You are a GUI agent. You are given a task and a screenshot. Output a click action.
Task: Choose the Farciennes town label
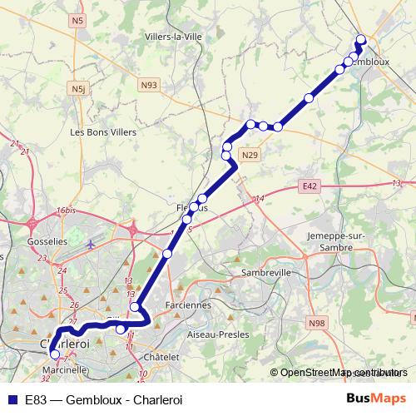pyautogui.click(x=189, y=305)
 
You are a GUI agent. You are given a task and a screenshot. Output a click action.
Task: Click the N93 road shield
pyautogui.click(x=149, y=84)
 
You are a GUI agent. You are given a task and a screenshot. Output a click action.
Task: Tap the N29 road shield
pyautogui.click(x=249, y=155)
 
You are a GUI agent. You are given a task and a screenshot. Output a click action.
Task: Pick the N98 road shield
pyautogui.click(x=317, y=323)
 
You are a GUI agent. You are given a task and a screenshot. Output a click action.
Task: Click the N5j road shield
pyautogui.click(x=78, y=88)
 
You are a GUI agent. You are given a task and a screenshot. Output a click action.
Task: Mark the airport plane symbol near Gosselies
pyautogui.click(x=90, y=245)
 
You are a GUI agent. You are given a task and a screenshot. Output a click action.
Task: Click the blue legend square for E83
pyautogui.click(x=11, y=399)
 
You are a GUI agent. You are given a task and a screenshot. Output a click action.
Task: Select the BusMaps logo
pyautogui.click(x=377, y=399)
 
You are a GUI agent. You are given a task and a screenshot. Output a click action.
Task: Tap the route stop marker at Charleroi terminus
pyautogui.click(x=55, y=354)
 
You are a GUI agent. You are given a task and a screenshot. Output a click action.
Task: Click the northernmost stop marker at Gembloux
pyautogui.click(x=361, y=39)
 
